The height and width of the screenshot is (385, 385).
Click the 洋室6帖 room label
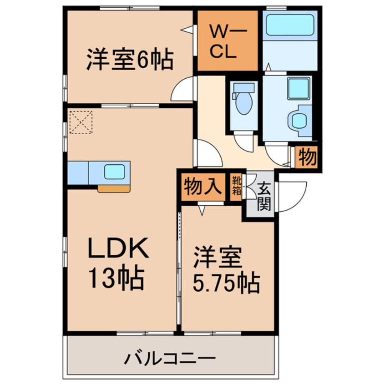click(130, 60)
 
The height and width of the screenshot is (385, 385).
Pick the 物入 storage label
click(203, 187)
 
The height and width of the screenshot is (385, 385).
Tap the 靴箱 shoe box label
click(236, 187)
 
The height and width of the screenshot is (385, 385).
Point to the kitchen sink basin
click(114, 172)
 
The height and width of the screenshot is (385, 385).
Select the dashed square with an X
click(81, 123)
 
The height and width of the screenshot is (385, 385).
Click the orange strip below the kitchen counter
click(113, 188)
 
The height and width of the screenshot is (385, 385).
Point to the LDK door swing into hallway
click(208, 154)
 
